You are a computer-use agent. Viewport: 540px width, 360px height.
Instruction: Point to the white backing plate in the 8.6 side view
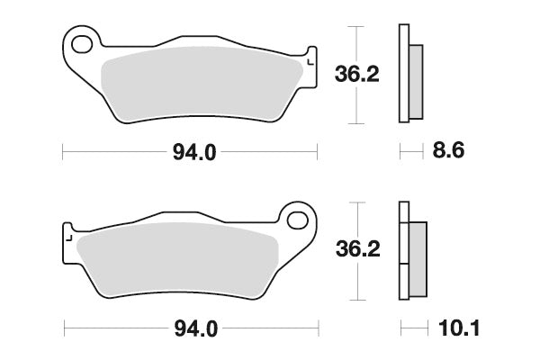pyautogui.click(x=404, y=72)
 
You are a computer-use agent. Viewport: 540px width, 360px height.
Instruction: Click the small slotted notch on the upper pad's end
pyautogui.click(x=310, y=60)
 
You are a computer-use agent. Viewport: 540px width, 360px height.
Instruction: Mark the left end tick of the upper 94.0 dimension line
pyautogui.click(x=62, y=153)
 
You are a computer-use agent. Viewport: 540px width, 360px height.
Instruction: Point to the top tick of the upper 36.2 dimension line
pyautogui.click(x=359, y=26)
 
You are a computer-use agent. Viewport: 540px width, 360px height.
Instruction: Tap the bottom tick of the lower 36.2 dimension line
pyautogui.click(x=359, y=300)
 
